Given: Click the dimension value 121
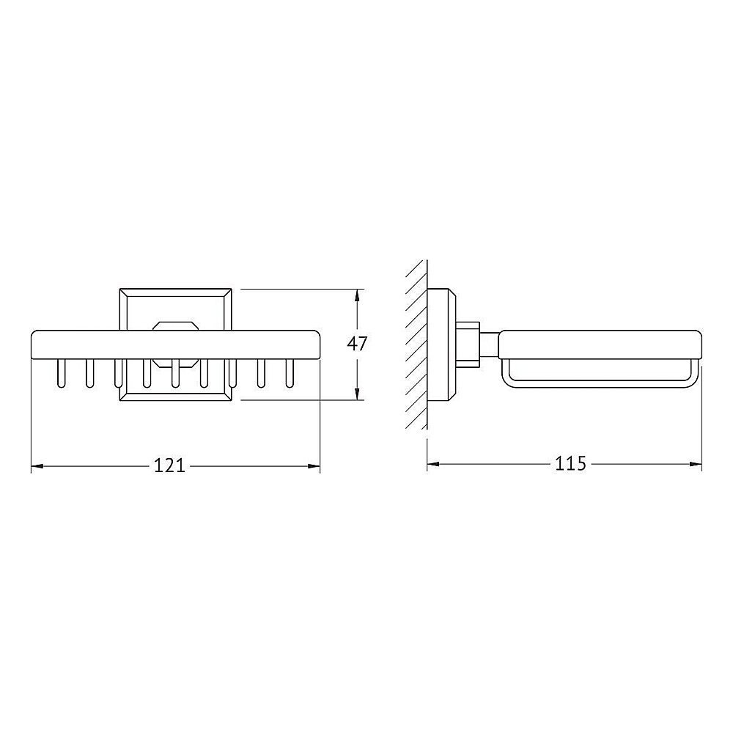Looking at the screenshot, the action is (x=170, y=465).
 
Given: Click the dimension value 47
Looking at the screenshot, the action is (x=357, y=344).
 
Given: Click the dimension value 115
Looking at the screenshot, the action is (x=570, y=463).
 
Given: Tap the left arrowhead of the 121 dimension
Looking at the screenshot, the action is (x=37, y=466).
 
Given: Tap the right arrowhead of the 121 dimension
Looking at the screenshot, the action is (x=314, y=466).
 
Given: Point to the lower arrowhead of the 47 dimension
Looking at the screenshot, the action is (x=358, y=394).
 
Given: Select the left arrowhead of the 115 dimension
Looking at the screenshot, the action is (x=433, y=464).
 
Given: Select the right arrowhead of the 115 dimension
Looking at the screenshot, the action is (x=696, y=464).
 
